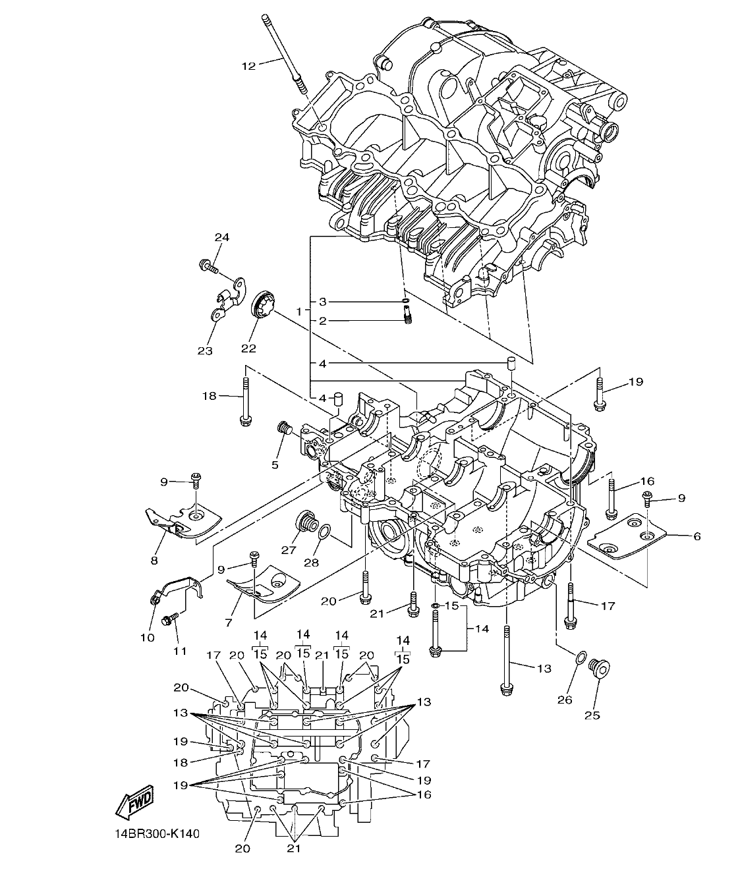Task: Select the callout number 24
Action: click(221, 237)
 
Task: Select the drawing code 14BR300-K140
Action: click(156, 833)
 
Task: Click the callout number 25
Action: click(592, 715)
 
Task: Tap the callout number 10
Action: click(147, 637)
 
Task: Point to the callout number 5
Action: click(275, 464)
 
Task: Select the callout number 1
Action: click(300, 310)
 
